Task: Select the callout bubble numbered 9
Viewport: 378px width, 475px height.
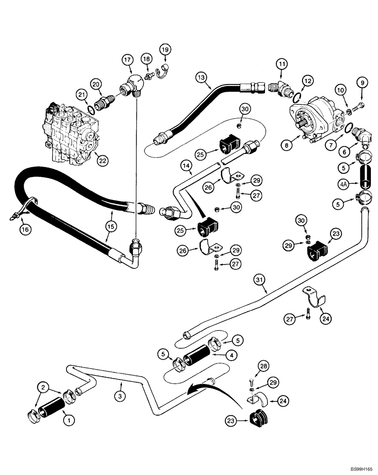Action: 363,83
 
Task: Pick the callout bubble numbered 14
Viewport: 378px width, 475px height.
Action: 187,165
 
